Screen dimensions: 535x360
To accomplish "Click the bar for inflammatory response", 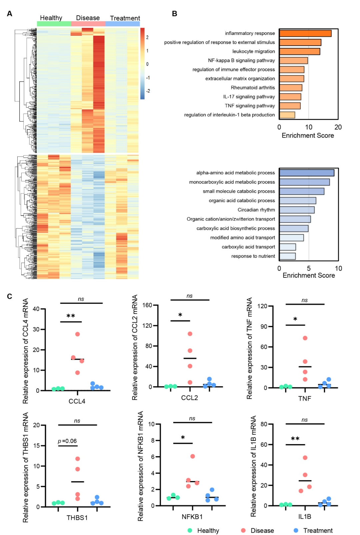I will pyautogui.click(x=305, y=33).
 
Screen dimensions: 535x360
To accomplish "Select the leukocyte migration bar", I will pyautogui.click(x=299, y=51).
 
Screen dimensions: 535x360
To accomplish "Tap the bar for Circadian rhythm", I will pyautogui.click(x=297, y=210).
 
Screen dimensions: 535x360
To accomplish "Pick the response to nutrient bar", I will pyautogui.click(x=287, y=256).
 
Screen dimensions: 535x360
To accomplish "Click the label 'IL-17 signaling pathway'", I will pyautogui.click(x=249, y=97).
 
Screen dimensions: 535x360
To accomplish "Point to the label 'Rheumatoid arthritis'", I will pyautogui.click(x=253, y=88).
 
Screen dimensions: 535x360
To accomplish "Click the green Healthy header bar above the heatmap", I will pyautogui.click(x=54, y=24).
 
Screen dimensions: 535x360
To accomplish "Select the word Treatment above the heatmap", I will pyautogui.click(x=125, y=18).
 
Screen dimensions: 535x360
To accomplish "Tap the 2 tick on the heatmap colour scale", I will pyautogui.click(x=147, y=37).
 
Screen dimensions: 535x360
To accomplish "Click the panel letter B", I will pyautogui.click(x=174, y=14).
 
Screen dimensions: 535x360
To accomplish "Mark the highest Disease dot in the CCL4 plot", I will pyautogui.click(x=78, y=334).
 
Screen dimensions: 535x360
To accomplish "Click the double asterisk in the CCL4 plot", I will pyautogui.click(x=71, y=316).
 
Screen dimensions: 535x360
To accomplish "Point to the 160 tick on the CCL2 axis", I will pyautogui.click(x=147, y=305).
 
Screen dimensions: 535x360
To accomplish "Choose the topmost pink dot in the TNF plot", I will pyautogui.click(x=305, y=338).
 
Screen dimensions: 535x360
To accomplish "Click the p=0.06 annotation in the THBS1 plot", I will pyautogui.click(x=67, y=441).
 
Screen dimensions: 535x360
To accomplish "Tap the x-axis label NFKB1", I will pyautogui.click(x=192, y=517).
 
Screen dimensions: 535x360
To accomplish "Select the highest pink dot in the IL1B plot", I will pyautogui.click(x=305, y=458).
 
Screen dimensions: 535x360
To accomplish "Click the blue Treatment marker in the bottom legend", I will pyautogui.click(x=296, y=530).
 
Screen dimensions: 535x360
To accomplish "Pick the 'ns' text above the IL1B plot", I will pyautogui.click(x=305, y=420).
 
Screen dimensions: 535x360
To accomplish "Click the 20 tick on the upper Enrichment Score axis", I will pyautogui.click(x=338, y=127).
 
